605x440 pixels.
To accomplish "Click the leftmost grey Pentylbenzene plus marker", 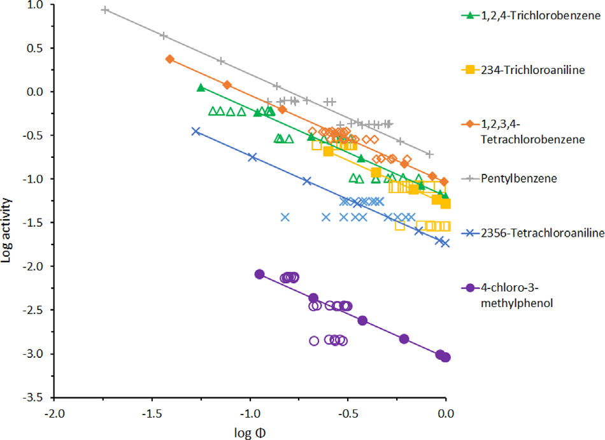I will point(105,10).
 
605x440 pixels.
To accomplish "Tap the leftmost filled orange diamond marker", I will point(169,59).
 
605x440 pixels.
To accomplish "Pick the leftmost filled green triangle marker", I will point(201,87).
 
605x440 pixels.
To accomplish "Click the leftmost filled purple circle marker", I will point(259,274).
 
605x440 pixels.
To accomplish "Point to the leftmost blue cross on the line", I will point(196,131).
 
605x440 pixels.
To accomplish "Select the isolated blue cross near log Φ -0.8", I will point(285,217).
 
